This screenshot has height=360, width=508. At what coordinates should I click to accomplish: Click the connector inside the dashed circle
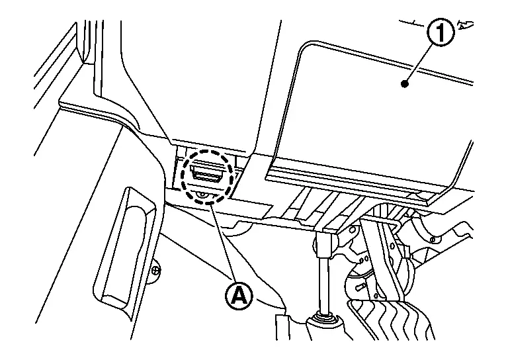click(x=206, y=174)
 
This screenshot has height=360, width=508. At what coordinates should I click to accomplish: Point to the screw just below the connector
click(x=204, y=194)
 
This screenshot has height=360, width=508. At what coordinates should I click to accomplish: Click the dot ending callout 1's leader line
click(x=406, y=82)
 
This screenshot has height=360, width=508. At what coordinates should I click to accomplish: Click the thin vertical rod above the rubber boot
click(x=323, y=278)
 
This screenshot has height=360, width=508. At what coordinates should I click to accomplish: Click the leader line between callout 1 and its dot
click(x=423, y=58)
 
